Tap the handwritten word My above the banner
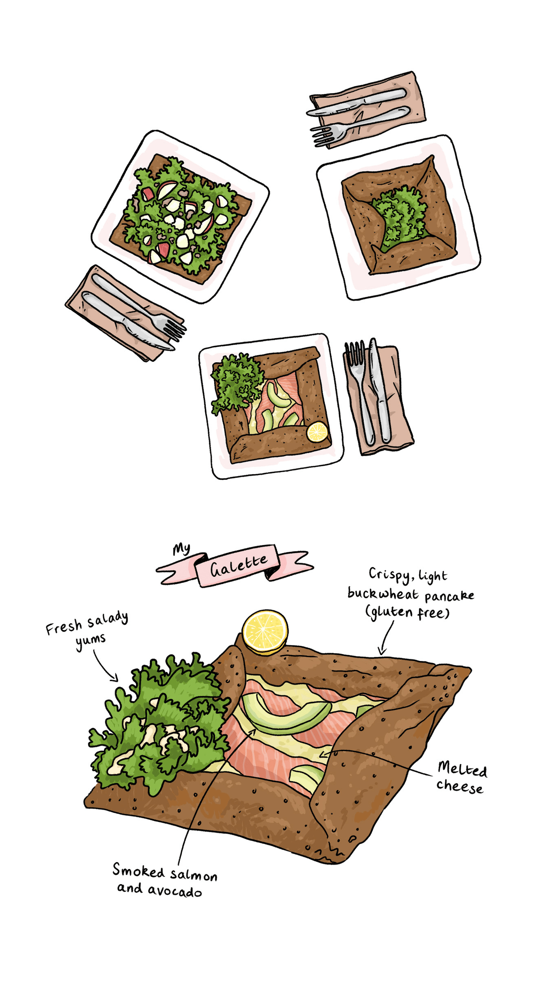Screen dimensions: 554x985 point(181,549)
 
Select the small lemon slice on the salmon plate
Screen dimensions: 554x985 point(317,432)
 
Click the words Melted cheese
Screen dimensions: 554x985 point(462,778)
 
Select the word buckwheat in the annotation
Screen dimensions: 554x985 point(383,594)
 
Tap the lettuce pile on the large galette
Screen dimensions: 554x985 point(159,725)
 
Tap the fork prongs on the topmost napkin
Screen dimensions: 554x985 point(323,136)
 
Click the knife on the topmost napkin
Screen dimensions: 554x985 point(356,102)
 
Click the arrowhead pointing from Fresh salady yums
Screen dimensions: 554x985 point(115,678)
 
